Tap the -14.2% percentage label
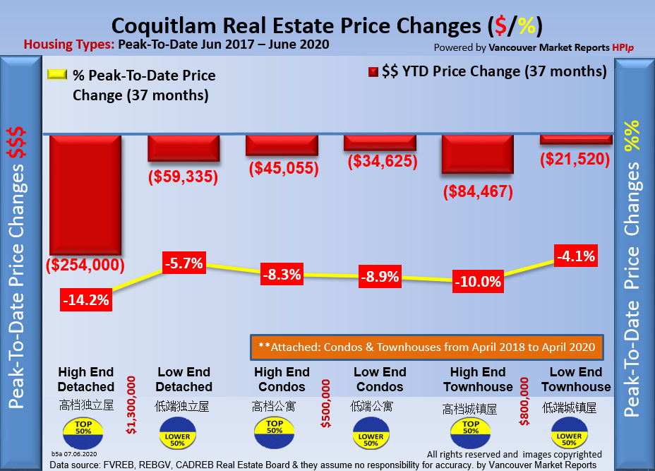85,299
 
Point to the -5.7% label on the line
184,265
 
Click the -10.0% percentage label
477,282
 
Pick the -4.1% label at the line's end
575,256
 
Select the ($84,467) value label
478,191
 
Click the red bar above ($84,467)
477,153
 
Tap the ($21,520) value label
575,159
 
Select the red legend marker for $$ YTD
372,73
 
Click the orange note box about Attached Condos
427,347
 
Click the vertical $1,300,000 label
131,405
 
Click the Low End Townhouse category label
575,379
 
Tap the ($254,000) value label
85,265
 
